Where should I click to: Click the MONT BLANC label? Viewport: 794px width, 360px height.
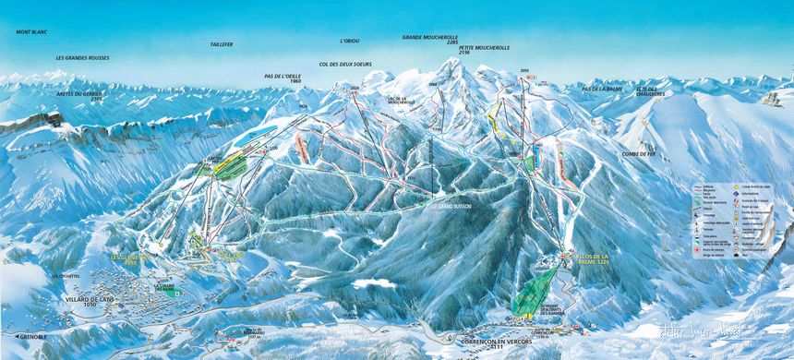(31, 31)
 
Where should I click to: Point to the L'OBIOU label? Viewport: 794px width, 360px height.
(349, 41)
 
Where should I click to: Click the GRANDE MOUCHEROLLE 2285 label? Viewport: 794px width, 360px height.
(430, 40)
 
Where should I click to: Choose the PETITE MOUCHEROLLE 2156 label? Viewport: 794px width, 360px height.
(484, 50)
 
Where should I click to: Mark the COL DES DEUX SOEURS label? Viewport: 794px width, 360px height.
(343, 64)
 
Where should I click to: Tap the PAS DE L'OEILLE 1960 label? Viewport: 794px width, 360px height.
(283, 78)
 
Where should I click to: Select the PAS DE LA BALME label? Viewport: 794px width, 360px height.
(602, 88)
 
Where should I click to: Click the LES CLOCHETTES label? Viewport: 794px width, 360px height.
(66, 276)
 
